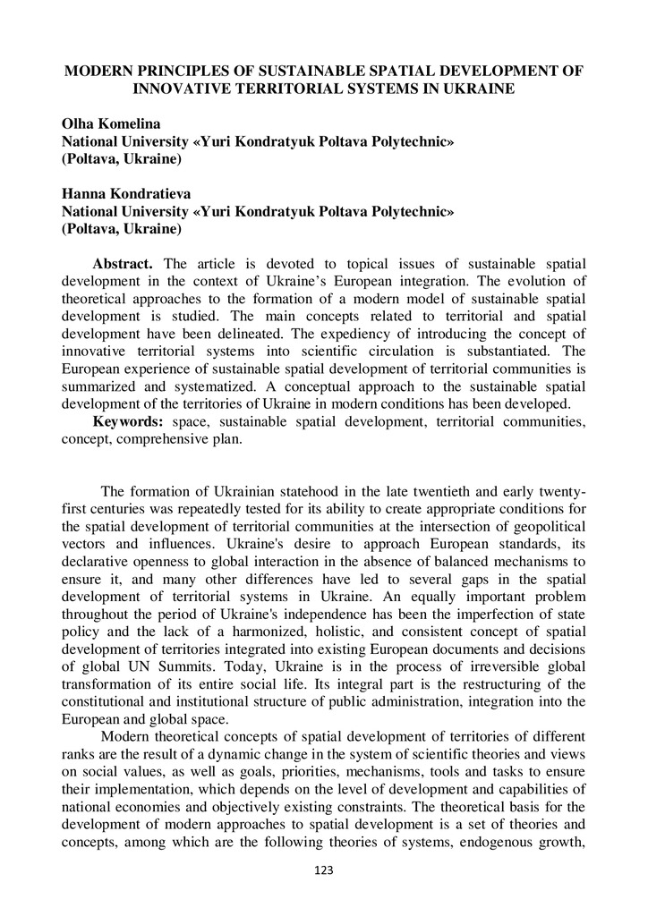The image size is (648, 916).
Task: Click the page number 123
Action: pos(323,870)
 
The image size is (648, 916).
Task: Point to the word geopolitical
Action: pos(543,526)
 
